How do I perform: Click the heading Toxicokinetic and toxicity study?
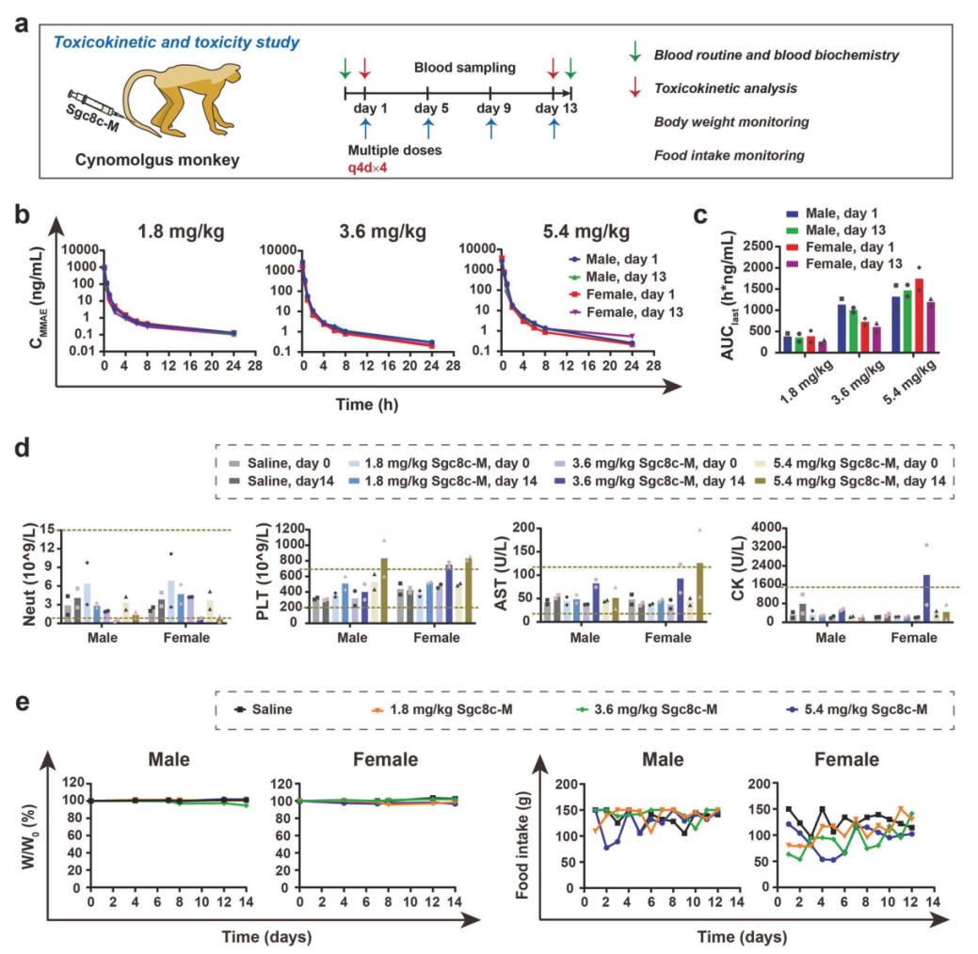(177, 42)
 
